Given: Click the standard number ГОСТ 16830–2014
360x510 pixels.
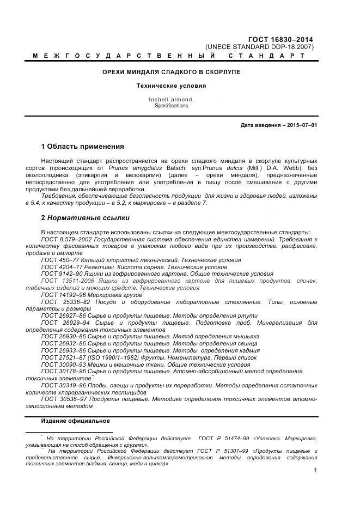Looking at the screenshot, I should tap(288, 39).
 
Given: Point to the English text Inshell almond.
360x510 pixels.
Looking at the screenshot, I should tap(171, 100).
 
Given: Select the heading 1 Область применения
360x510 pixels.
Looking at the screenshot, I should tap(82, 147).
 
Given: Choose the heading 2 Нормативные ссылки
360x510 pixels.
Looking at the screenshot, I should tap(85, 218).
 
